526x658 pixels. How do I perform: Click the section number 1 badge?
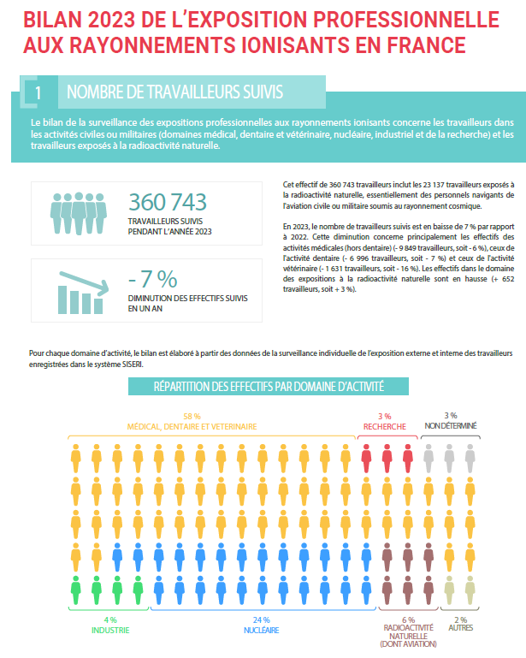36,91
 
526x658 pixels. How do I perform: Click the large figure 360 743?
168,202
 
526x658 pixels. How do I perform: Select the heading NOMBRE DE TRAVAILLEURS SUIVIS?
174,91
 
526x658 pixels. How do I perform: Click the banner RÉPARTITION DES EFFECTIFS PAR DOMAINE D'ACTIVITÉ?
268,386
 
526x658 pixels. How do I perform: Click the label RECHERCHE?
384,425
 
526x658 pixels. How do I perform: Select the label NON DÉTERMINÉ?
450,425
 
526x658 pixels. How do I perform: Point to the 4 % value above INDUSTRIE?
110,619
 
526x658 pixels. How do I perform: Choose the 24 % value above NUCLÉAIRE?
261,619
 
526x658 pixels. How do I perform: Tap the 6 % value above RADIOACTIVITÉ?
407,619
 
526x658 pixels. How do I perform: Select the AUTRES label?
460,628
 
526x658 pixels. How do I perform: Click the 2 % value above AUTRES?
460,619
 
